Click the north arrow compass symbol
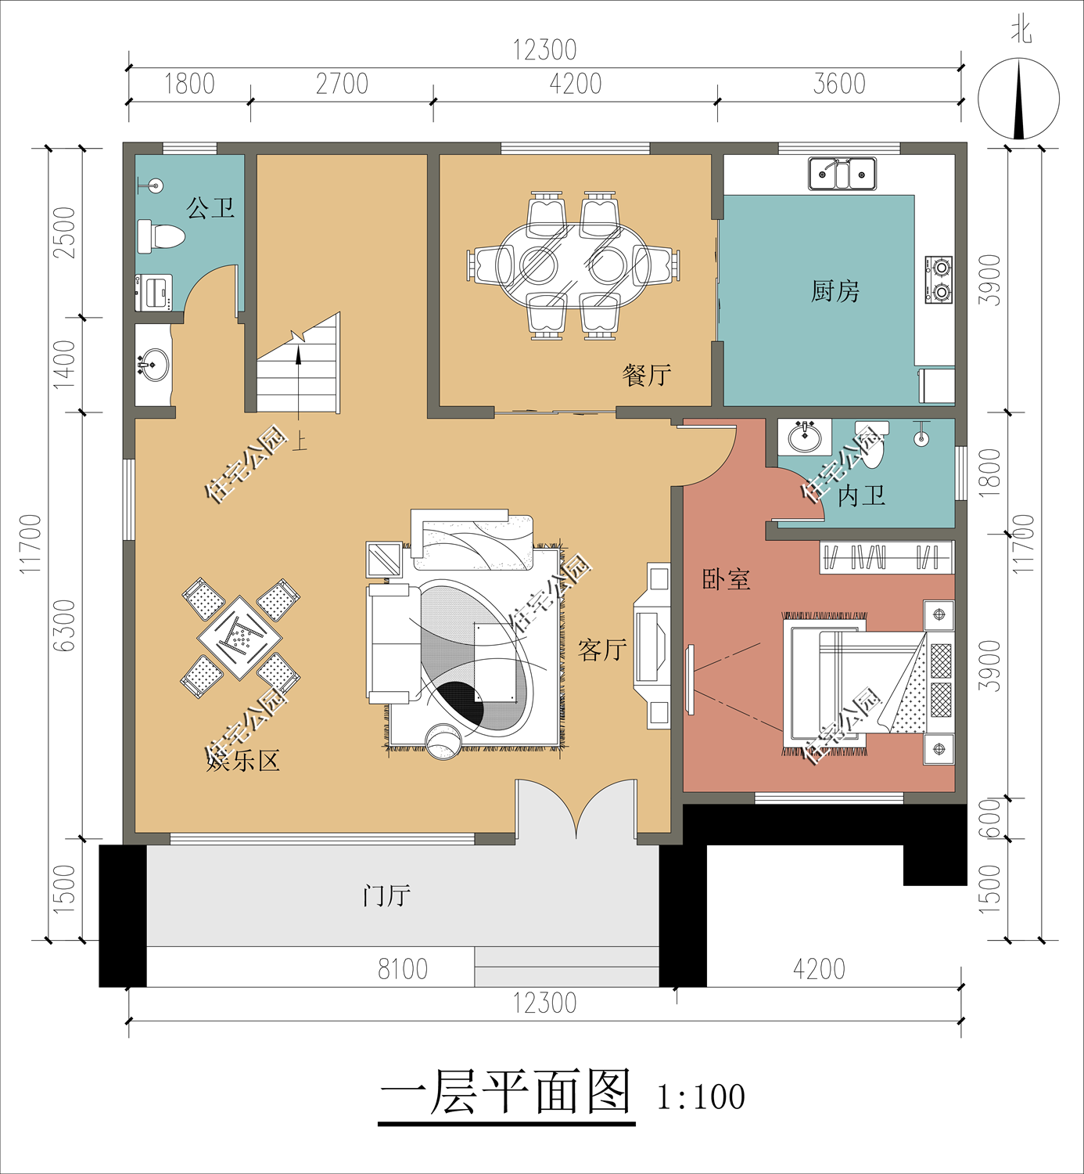pyautogui.click(x=1018, y=100)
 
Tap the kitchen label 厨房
pyautogui.click(x=835, y=292)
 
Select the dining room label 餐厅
pyautogui.click(x=646, y=375)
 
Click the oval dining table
pyautogui.click(x=573, y=265)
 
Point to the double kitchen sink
pyautogui.click(x=842, y=174)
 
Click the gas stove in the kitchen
pyautogui.click(x=939, y=279)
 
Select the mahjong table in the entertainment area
pyautogui.click(x=239, y=638)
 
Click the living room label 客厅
pyautogui.click(x=601, y=649)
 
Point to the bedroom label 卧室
pyautogui.click(x=726, y=579)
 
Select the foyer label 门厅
pyautogui.click(x=386, y=895)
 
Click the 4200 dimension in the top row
pyautogui.click(x=575, y=85)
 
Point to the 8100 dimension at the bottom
pyautogui.click(x=403, y=969)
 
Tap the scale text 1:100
pyautogui.click(x=701, y=1097)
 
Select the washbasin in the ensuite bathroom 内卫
pyautogui.click(x=804, y=437)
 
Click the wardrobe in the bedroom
pyautogui.click(x=886, y=557)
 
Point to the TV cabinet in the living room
pyautogui.click(x=652, y=646)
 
